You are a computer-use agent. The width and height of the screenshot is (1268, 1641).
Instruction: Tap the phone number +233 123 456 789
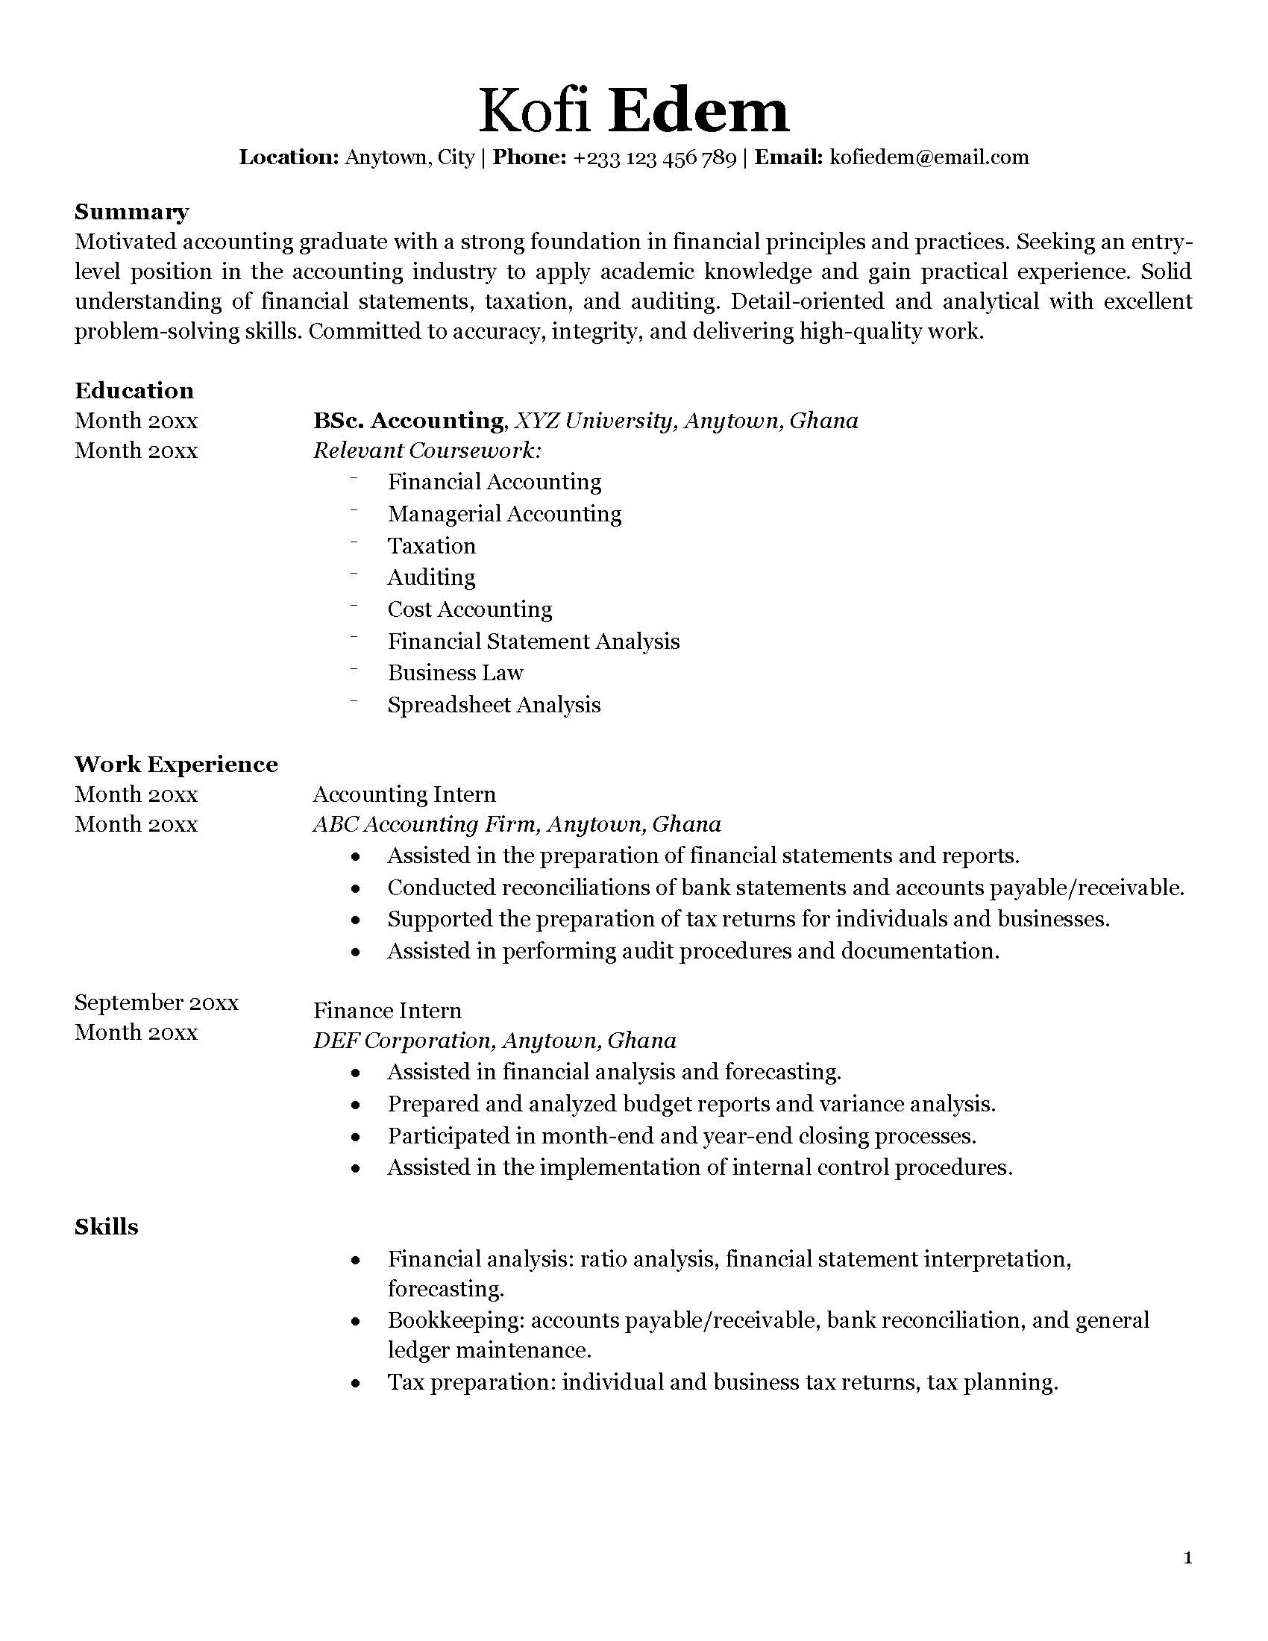coord(653,158)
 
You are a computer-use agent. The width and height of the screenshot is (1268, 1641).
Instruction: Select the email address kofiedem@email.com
coord(929,158)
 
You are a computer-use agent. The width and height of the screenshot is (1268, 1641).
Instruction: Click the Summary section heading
coord(131,213)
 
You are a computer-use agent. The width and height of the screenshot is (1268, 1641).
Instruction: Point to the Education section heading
coord(134,391)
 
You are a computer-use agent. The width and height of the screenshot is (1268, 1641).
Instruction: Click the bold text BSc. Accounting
coord(408,421)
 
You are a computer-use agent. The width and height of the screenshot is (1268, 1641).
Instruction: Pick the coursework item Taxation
coord(431,546)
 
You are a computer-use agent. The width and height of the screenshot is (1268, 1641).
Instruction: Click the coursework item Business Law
coord(455,674)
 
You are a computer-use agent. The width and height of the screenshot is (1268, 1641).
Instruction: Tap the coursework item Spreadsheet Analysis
coord(494,706)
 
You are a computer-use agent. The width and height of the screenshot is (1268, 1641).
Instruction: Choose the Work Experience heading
coord(176,765)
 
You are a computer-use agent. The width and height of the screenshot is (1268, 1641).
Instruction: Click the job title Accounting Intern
coord(404,795)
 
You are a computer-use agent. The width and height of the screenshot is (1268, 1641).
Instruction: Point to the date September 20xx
coord(156,1003)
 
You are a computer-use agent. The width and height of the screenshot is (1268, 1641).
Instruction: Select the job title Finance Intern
coord(387,1011)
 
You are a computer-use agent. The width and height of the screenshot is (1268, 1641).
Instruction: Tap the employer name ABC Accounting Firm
coord(424,825)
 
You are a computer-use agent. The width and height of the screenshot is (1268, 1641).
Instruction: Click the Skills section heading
coord(107,1228)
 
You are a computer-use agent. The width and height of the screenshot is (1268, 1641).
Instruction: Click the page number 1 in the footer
coord(1187,1559)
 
